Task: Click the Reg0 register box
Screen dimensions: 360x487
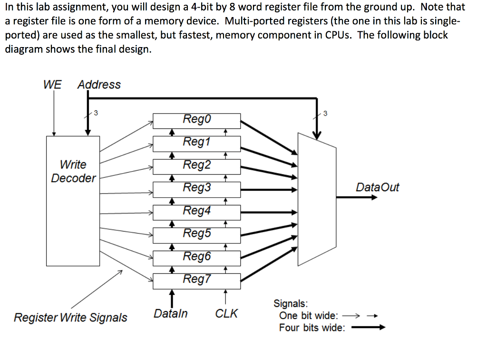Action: tap(196, 119)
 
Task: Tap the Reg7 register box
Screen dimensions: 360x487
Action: tap(196, 280)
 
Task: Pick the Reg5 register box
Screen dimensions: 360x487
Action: tap(196, 234)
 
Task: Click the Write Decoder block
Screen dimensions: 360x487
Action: tap(73, 200)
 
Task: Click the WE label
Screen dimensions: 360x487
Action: tap(52, 85)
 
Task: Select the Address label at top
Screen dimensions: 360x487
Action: tap(99, 85)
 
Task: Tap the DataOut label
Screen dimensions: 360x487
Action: tap(377, 187)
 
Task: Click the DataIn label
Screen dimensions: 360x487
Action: tap(170, 314)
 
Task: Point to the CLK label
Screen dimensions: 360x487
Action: tap(226, 314)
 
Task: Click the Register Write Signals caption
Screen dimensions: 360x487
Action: tap(70, 317)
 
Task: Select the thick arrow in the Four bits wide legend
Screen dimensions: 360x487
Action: tap(368, 328)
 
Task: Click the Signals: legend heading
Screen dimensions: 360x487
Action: tap(290, 303)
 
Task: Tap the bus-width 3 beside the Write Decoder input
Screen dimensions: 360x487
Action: tap(96, 113)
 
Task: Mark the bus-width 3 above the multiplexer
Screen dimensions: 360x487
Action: tap(325, 113)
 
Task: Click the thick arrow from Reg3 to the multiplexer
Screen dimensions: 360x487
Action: tap(269, 190)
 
